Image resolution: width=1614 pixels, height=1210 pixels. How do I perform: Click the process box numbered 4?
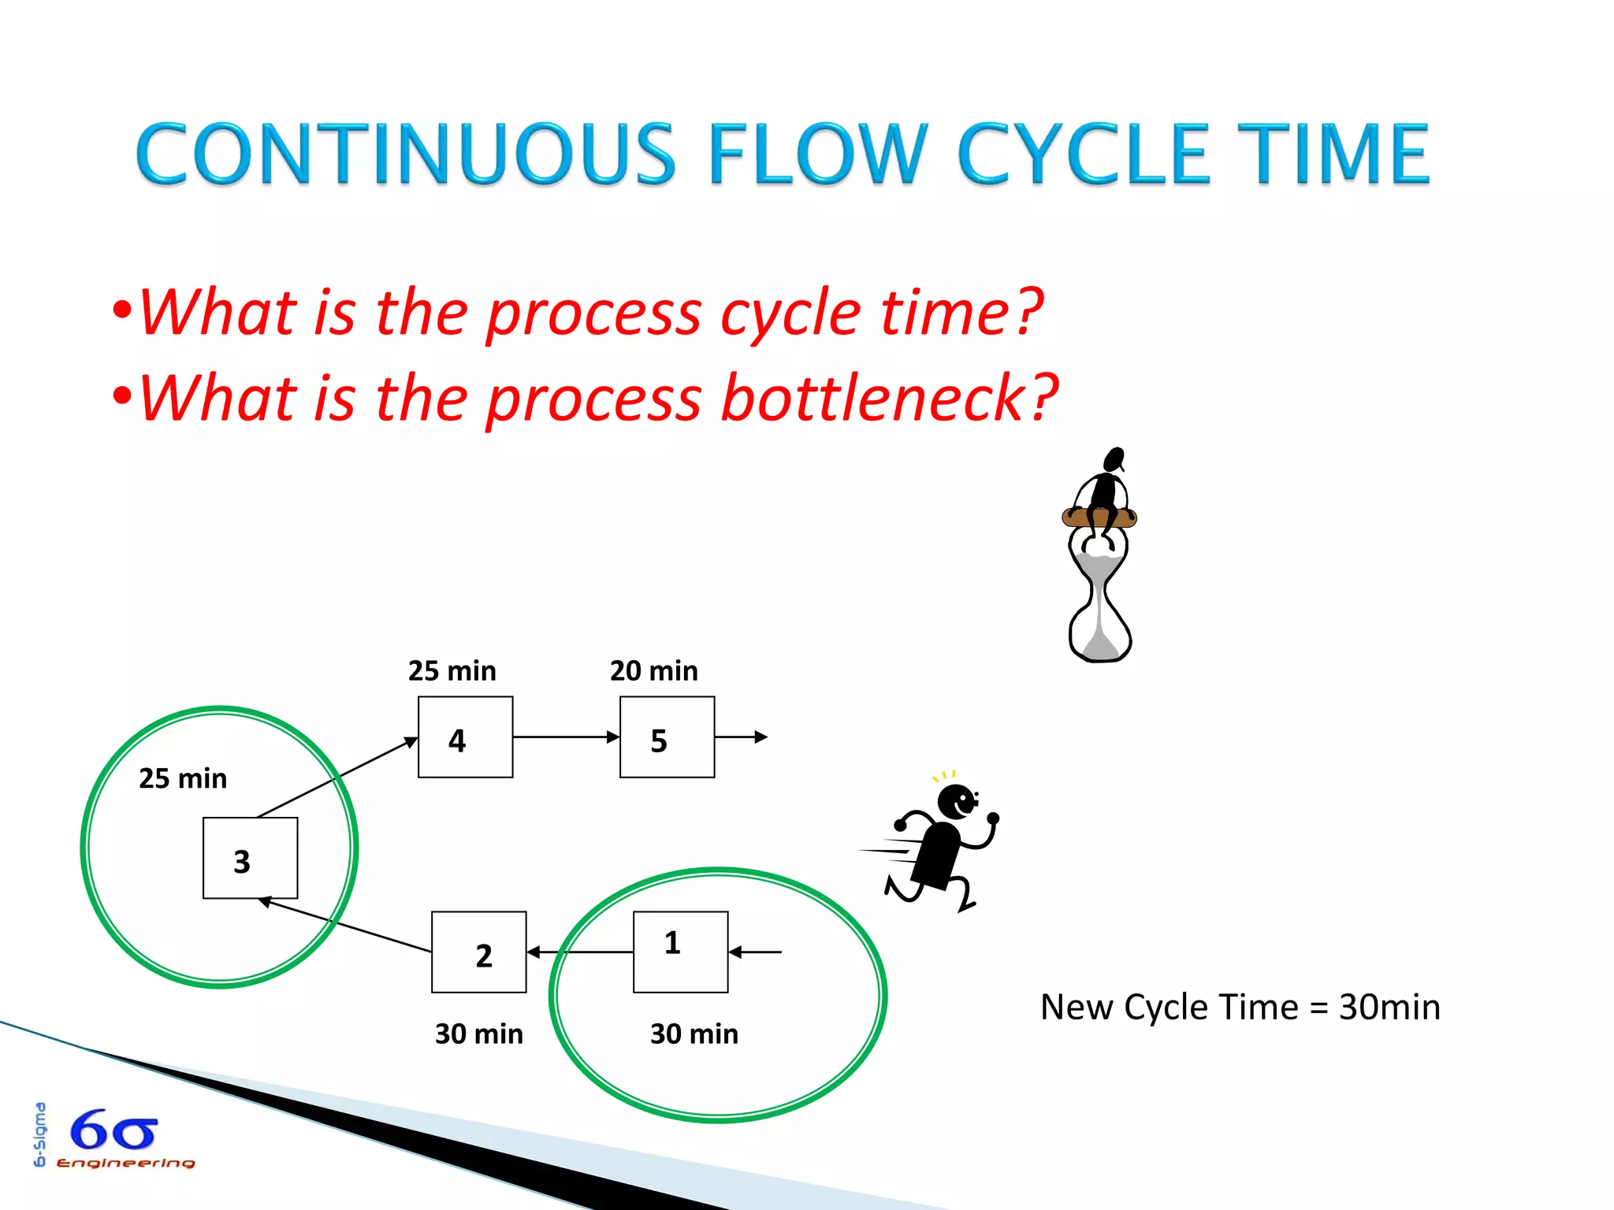click(x=465, y=737)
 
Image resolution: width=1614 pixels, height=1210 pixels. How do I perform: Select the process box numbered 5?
click(x=667, y=737)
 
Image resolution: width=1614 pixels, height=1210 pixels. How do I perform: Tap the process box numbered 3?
click(x=250, y=858)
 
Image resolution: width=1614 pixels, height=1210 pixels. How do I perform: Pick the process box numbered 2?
click(x=478, y=952)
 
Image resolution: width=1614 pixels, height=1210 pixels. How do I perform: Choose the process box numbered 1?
click(x=680, y=952)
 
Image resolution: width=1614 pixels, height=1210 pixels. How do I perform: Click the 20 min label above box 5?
click(x=653, y=671)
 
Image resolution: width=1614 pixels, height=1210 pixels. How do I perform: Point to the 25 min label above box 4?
click(x=452, y=671)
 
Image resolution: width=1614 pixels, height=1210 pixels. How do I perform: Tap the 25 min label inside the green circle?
click(x=182, y=778)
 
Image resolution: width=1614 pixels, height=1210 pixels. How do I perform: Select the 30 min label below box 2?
click(x=478, y=1034)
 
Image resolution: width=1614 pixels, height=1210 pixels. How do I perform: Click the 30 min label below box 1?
click(x=694, y=1034)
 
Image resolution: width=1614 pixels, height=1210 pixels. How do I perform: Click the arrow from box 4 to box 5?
click(x=566, y=737)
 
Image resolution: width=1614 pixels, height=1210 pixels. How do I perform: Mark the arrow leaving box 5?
click(x=741, y=737)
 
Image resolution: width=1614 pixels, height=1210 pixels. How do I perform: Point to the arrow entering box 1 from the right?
click(x=755, y=952)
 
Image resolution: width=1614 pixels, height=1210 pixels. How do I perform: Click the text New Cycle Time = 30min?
click(x=1240, y=1007)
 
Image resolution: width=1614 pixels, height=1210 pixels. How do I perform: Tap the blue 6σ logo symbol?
click(x=113, y=1130)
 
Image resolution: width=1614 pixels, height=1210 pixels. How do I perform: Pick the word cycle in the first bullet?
click(x=790, y=313)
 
